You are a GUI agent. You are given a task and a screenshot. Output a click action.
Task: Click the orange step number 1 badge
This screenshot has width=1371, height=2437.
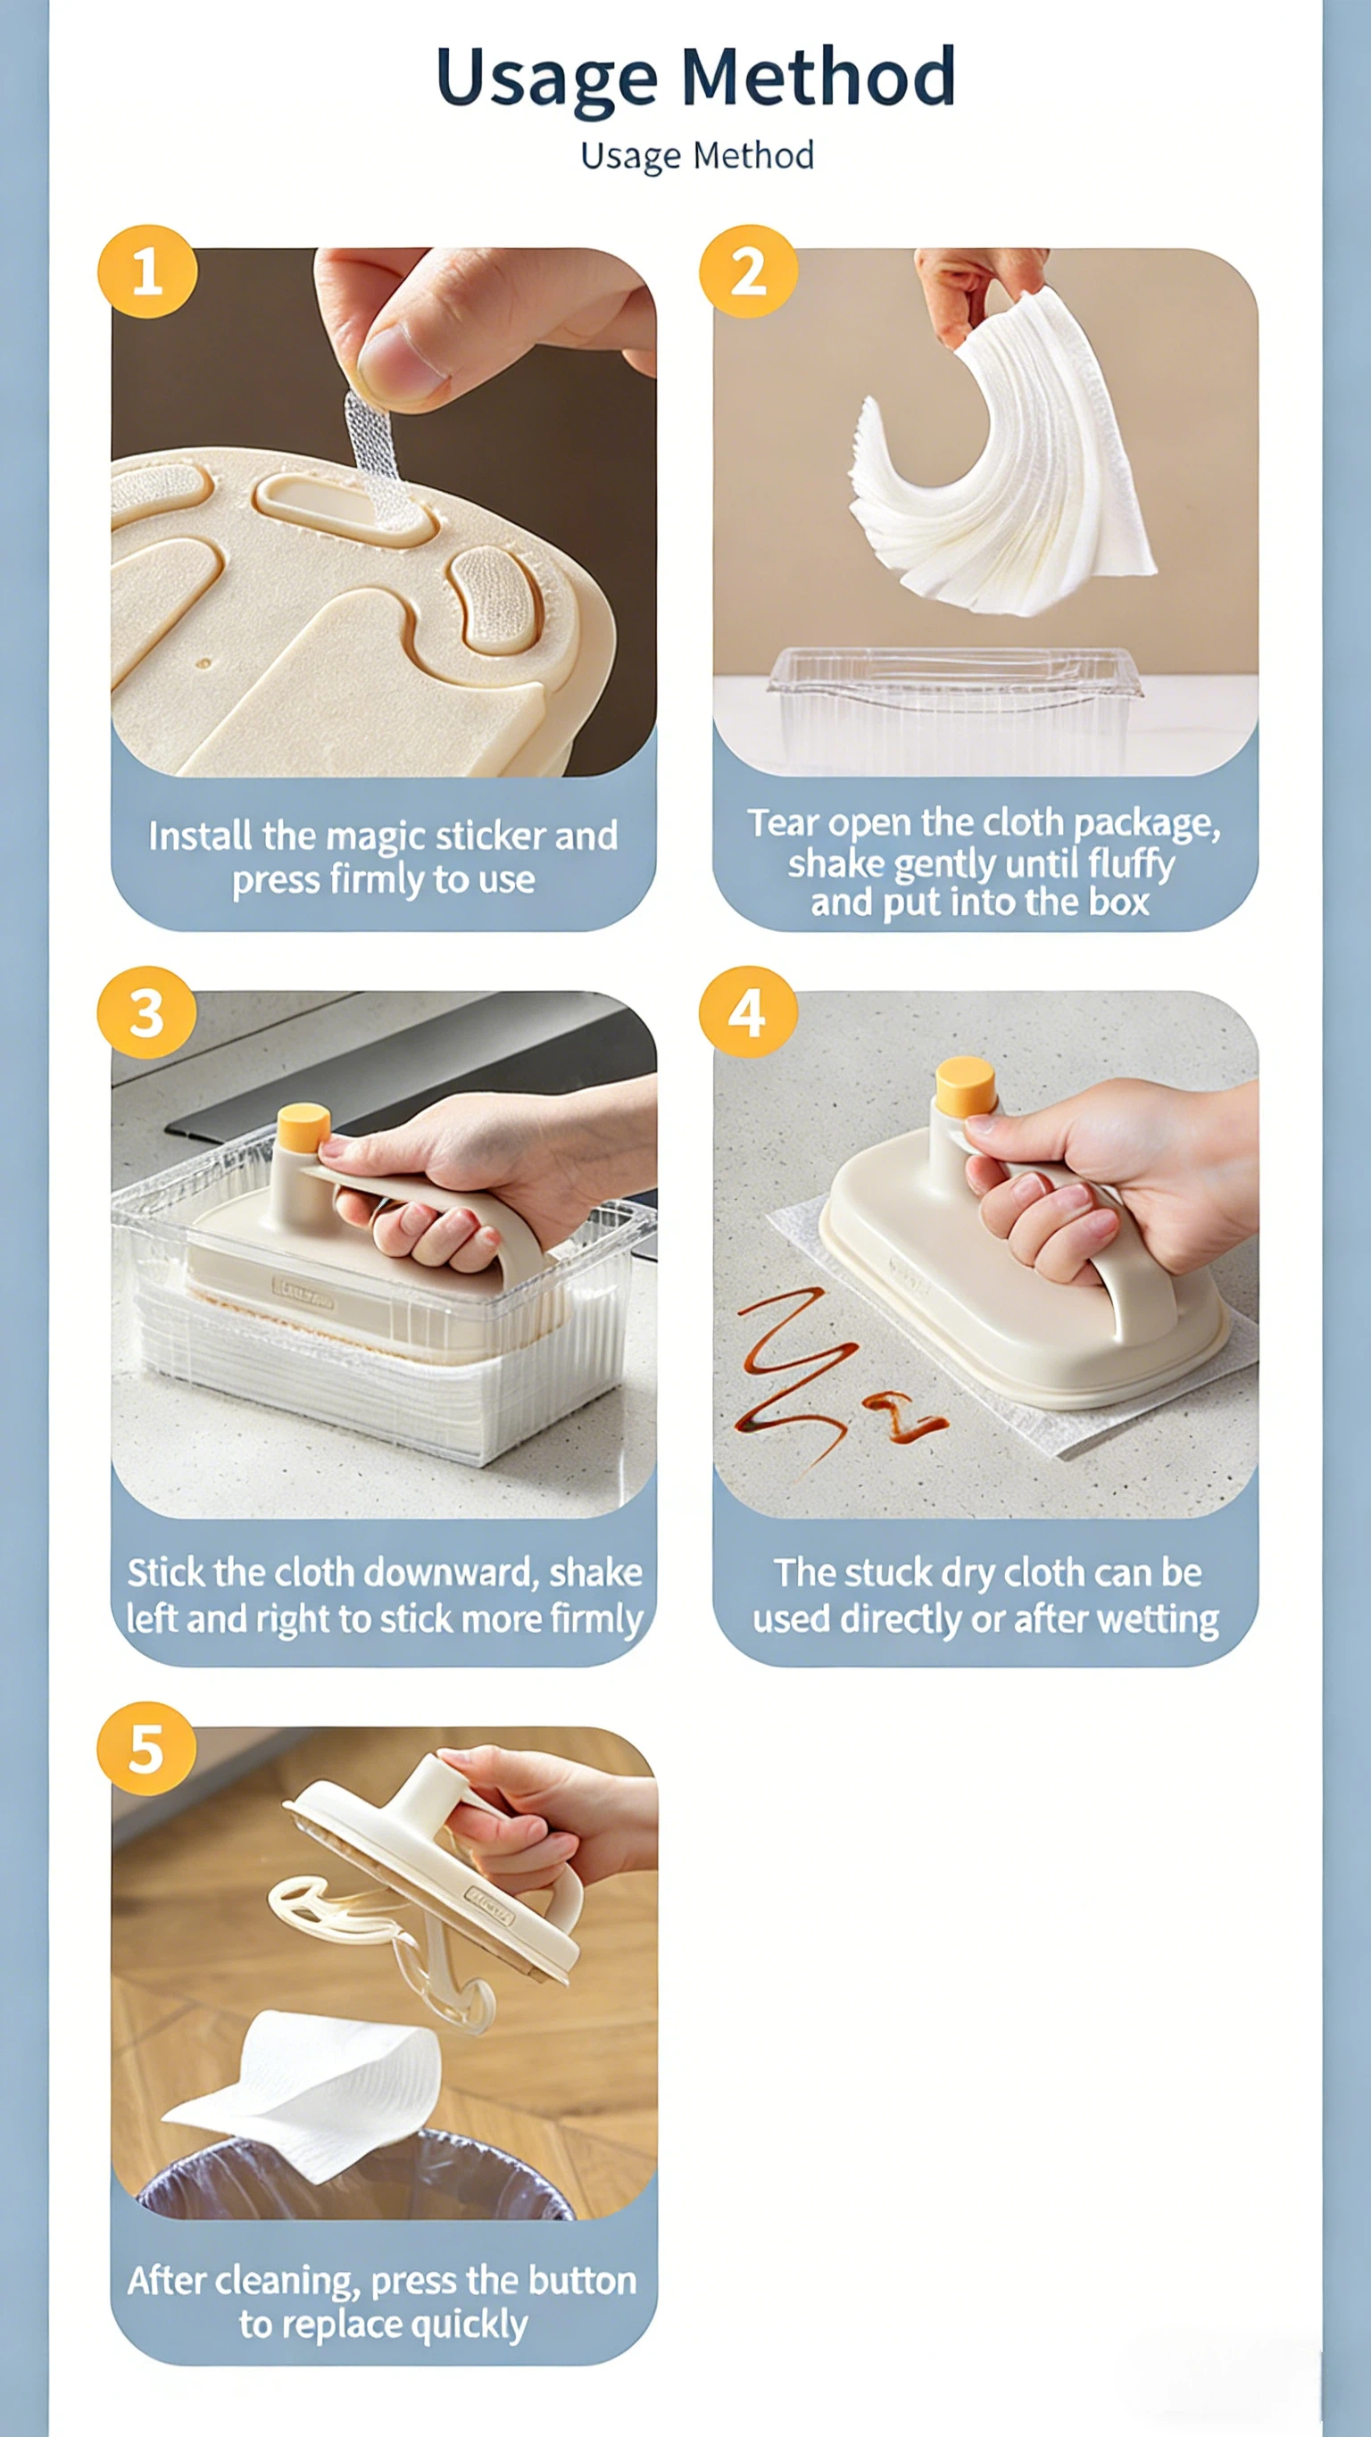click(147, 271)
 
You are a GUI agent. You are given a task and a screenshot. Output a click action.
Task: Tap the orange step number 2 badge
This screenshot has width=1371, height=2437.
click(748, 271)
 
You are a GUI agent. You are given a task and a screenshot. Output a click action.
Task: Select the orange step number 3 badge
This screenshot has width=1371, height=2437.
click(146, 1012)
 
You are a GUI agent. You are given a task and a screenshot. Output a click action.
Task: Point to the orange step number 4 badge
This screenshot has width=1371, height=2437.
click(748, 1012)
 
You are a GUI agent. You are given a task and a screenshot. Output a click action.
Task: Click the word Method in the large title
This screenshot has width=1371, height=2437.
click(818, 78)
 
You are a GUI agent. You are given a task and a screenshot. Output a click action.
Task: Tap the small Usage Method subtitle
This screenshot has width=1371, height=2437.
click(697, 156)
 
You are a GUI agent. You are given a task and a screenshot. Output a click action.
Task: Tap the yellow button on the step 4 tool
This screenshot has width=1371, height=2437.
click(965, 1086)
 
